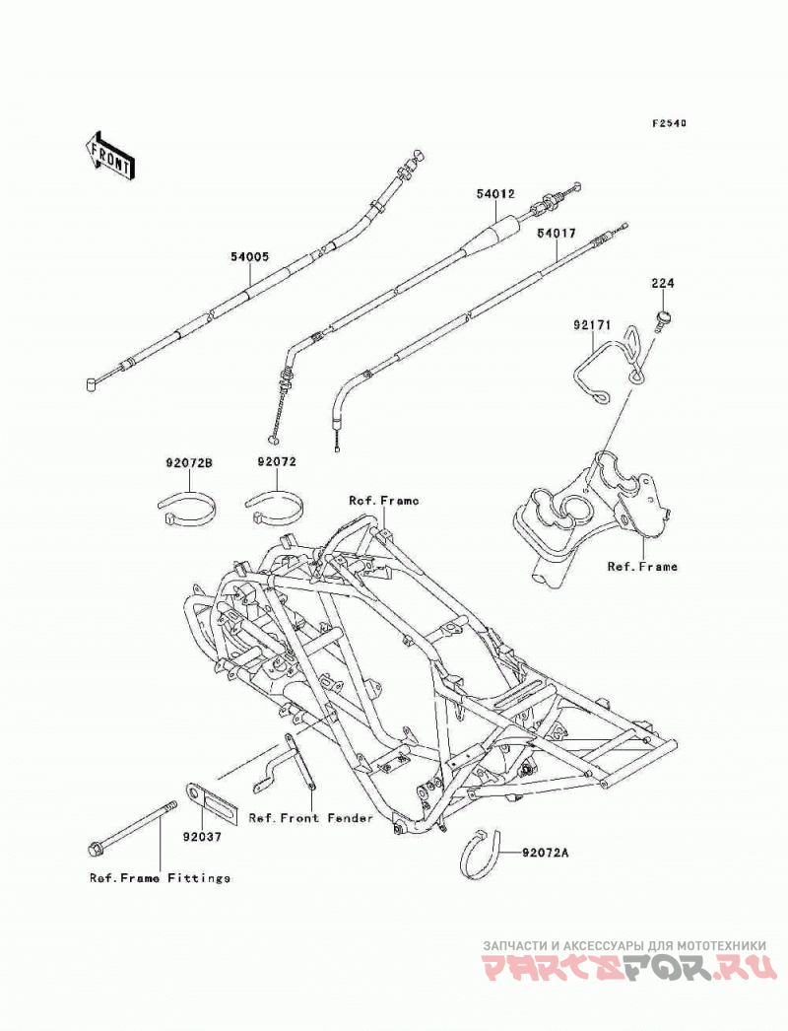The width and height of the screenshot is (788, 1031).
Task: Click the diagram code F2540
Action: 669,123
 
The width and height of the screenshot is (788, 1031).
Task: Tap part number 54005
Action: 250,257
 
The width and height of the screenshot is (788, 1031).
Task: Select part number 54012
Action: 495,194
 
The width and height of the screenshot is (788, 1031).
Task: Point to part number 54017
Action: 556,233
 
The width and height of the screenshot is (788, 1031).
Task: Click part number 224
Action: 663,284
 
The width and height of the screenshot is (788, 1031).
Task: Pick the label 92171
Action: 593,325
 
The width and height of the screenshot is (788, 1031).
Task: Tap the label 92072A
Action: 546,854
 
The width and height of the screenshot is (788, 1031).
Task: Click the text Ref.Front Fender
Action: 311,818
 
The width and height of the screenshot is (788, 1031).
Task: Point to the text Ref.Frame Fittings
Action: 161,878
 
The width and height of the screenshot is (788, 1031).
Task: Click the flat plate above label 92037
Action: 211,803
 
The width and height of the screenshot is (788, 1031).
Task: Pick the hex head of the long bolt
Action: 96,849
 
